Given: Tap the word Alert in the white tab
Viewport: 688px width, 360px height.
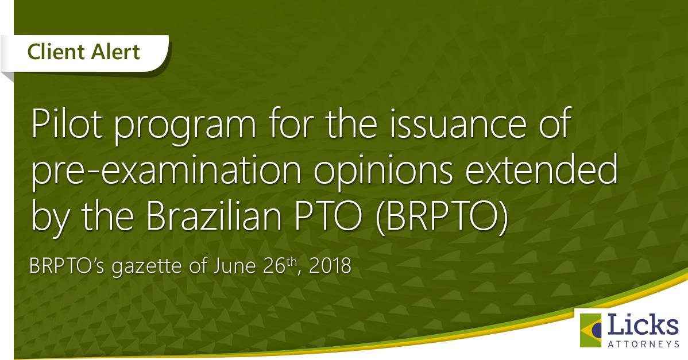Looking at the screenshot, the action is pos(113,52).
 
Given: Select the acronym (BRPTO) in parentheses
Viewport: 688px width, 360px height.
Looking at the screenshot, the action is pos(442,216).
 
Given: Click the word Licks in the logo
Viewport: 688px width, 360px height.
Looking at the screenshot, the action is pos(643,325).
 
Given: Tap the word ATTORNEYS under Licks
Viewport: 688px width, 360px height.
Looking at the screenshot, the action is pos(644,344).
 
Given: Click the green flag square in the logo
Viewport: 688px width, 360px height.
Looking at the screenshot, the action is pos(590,330).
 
